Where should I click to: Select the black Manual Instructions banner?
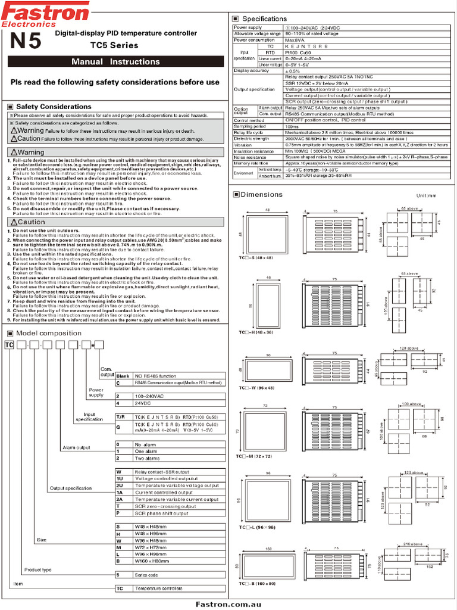click(x=115, y=62)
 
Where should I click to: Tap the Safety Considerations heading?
click(x=54, y=107)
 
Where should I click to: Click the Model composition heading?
click(x=49, y=333)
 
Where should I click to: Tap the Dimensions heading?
click(x=262, y=195)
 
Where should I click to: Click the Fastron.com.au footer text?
click(x=228, y=604)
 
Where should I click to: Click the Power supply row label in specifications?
click(x=248, y=28)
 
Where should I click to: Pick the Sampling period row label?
click(x=250, y=126)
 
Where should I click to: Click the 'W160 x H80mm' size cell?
click(x=152, y=561)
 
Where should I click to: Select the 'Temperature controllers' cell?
click(x=159, y=588)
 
